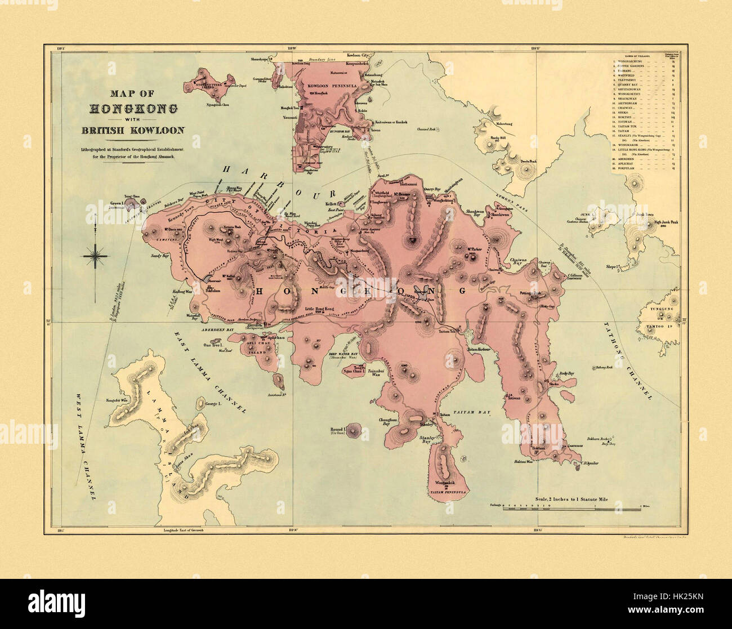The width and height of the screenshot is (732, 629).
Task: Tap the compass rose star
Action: [97, 256]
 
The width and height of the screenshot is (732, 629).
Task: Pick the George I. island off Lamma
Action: [200, 403]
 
